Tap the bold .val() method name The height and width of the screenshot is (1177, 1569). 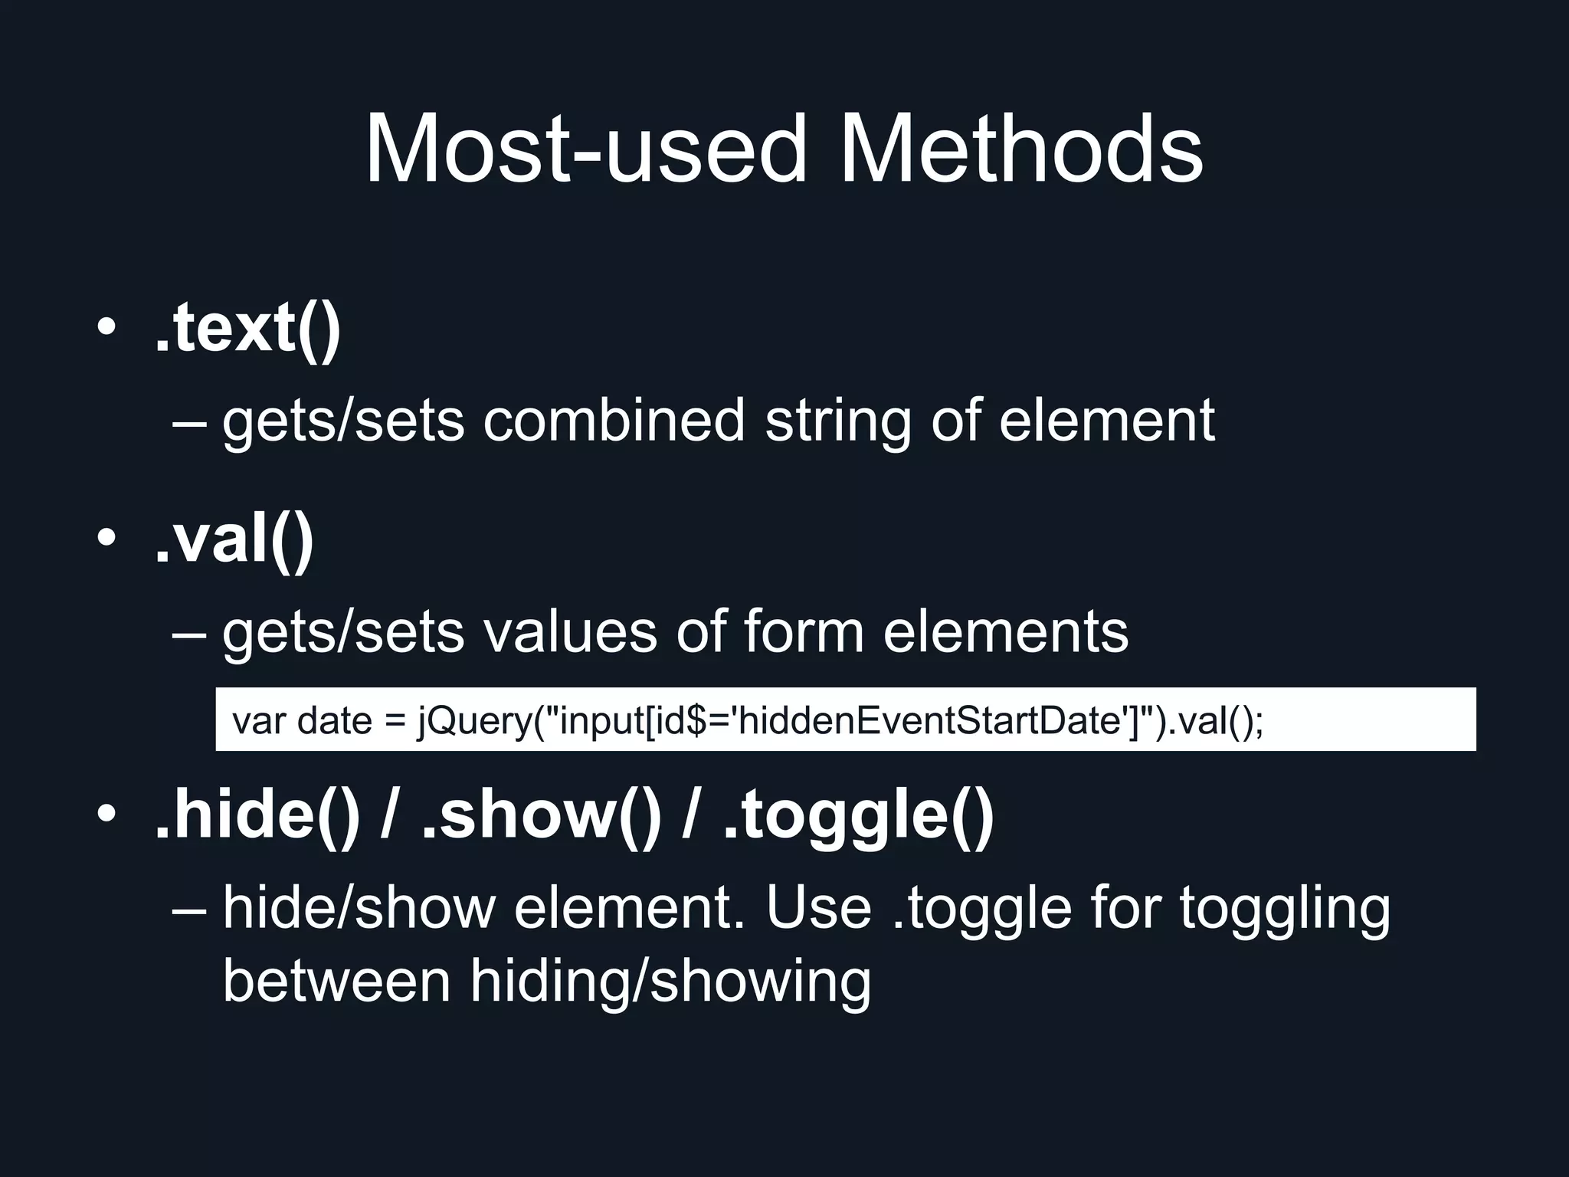click(x=234, y=539)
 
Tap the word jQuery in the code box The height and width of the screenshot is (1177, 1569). click(x=474, y=720)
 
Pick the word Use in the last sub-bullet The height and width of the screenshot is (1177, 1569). click(x=818, y=907)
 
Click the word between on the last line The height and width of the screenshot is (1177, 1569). click(x=336, y=981)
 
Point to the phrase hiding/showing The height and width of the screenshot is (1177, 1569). click(x=670, y=981)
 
